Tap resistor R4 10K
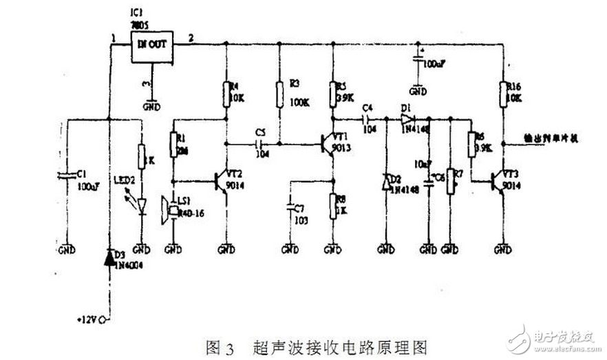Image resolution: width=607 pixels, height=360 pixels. pyautogui.click(x=226, y=93)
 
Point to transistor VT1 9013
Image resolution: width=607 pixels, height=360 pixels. pyautogui.click(x=329, y=143)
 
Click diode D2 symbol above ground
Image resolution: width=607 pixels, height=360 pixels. pyautogui.click(x=386, y=182)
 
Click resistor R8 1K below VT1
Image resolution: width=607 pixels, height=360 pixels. pyautogui.click(x=334, y=204)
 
